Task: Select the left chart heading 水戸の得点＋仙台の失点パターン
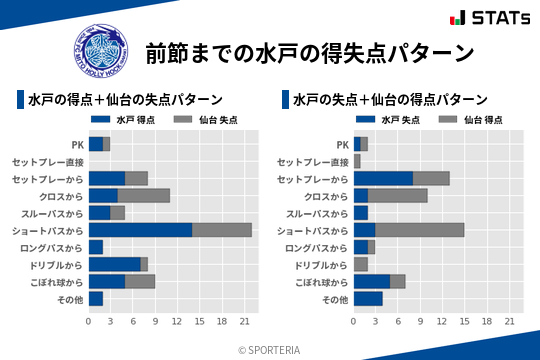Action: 125,100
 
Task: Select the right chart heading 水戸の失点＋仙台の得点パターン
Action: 390,100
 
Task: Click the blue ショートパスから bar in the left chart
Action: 140,230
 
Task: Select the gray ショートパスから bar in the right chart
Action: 420,230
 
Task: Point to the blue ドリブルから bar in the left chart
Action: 114,264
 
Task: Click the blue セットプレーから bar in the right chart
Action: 383,179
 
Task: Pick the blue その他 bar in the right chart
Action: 368,298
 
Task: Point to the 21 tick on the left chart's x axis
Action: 244,321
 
